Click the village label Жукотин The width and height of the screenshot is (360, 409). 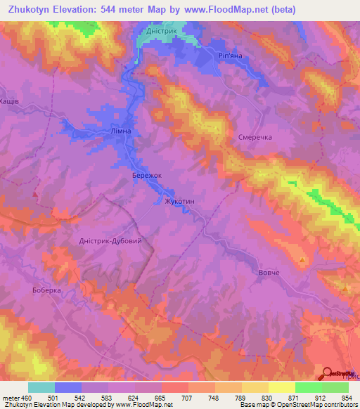point(179,201)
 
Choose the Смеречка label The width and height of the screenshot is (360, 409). point(255,138)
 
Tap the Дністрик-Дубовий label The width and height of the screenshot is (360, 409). point(110,240)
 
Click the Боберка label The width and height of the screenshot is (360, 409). point(48,290)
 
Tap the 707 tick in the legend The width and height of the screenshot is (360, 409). point(188,398)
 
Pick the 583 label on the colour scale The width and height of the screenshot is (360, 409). point(108,398)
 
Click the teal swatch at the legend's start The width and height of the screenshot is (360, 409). point(41,387)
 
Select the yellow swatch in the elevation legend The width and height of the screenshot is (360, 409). point(281,387)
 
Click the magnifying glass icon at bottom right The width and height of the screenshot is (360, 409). point(328,372)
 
